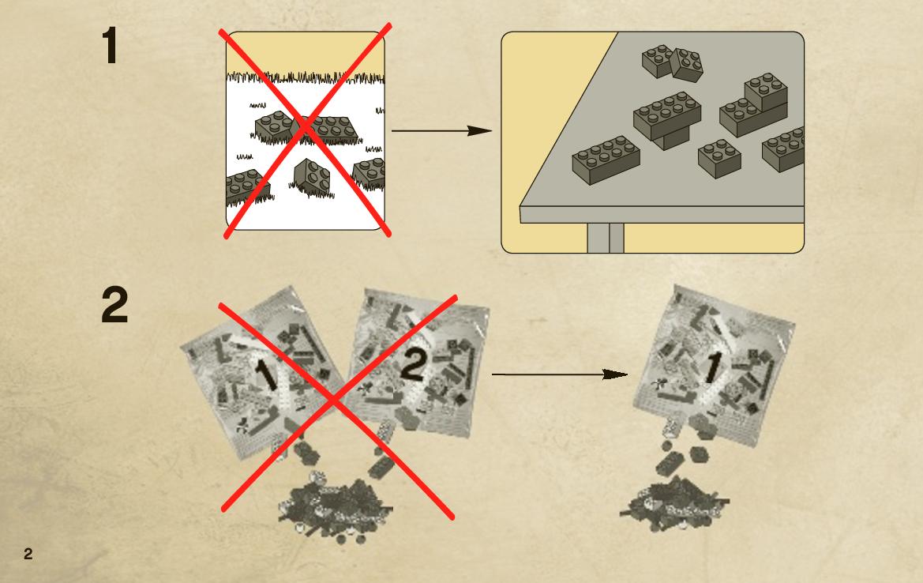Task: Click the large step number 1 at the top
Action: [110, 45]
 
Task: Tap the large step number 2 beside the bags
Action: [114, 304]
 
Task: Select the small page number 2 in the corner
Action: [28, 554]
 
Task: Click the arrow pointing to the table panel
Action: [441, 130]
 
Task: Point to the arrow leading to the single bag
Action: [559, 374]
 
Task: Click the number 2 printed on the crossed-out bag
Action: [412, 365]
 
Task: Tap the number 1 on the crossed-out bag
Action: [266, 374]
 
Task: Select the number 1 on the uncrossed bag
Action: [711, 367]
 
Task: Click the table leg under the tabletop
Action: [605, 238]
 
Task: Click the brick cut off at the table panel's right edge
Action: [783, 149]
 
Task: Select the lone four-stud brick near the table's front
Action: [719, 159]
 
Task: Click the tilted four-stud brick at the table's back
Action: [686, 65]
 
